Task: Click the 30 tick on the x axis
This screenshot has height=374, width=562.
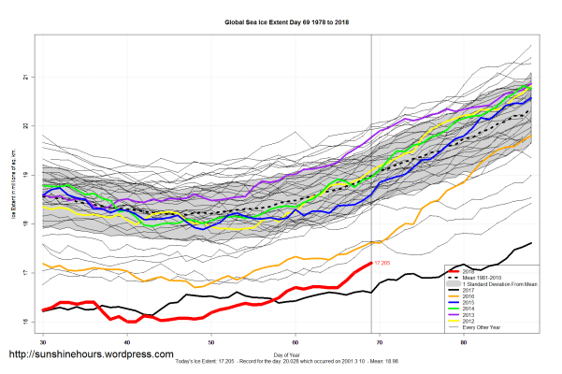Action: click(x=43, y=343)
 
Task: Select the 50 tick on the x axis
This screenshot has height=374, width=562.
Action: click(x=211, y=343)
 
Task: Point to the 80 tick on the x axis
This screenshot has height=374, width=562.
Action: click(x=465, y=343)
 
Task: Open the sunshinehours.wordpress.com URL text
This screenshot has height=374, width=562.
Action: click(x=91, y=355)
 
